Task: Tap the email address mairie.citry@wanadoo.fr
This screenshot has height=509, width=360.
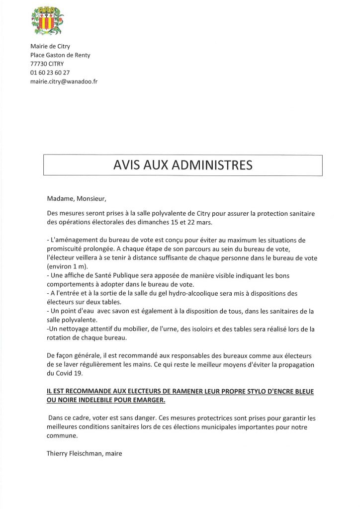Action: click(x=64, y=81)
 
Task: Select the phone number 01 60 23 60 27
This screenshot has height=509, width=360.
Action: click(x=50, y=73)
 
